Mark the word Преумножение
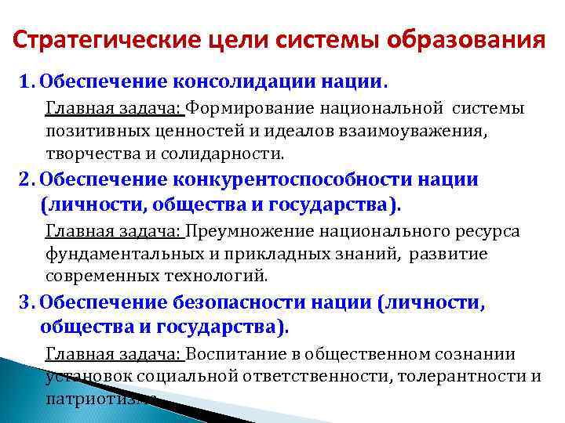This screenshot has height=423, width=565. click(x=252, y=232)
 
